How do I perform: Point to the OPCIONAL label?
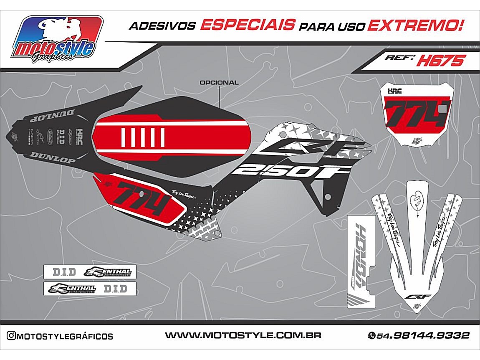(219, 83)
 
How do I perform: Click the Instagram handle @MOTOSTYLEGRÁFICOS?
(59, 336)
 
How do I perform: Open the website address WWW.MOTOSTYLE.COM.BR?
(243, 335)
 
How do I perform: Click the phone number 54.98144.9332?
(419, 335)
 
